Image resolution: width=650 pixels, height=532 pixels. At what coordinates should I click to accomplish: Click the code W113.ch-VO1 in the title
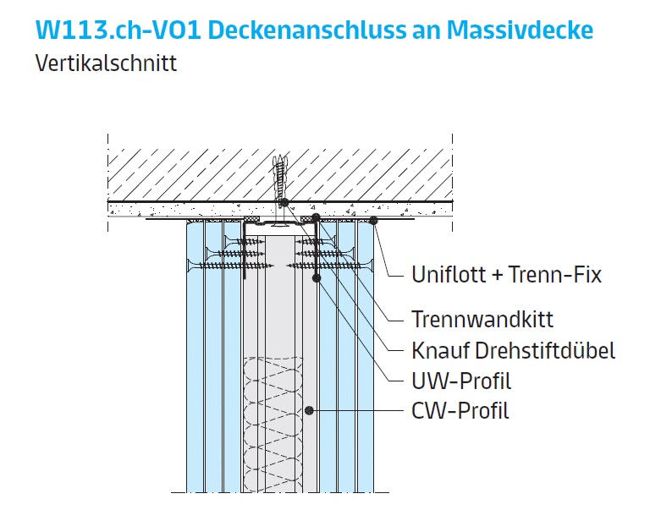[117, 30]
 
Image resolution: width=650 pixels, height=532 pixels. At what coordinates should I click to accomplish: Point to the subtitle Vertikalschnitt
[106, 63]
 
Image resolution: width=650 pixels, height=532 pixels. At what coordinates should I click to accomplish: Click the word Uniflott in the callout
[446, 275]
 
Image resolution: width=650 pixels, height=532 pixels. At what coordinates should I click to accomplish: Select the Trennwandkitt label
[482, 320]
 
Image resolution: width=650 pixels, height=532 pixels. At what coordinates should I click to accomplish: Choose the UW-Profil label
[461, 381]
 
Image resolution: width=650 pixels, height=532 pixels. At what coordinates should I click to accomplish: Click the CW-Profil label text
[460, 412]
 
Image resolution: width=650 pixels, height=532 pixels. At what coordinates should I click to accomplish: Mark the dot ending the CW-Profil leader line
[311, 412]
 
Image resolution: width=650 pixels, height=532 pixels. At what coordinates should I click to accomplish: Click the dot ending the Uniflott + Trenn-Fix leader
[372, 221]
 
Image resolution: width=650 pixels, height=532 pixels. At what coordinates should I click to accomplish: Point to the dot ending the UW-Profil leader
[317, 277]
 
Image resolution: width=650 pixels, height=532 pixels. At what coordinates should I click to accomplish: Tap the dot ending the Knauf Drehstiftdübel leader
[284, 202]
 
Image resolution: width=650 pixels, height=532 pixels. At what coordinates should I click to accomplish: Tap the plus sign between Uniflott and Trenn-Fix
[493, 276]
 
